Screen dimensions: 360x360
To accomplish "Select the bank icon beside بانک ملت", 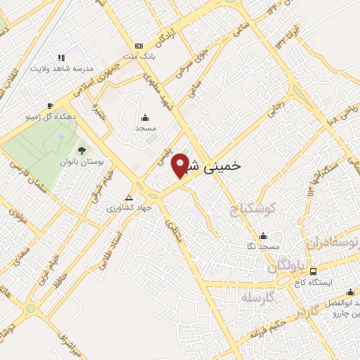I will click(138, 44).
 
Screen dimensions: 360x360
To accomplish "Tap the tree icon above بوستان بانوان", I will click(82, 150).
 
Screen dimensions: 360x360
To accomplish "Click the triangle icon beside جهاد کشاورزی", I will click(128, 198).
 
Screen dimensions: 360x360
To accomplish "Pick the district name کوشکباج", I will click(254, 210).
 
